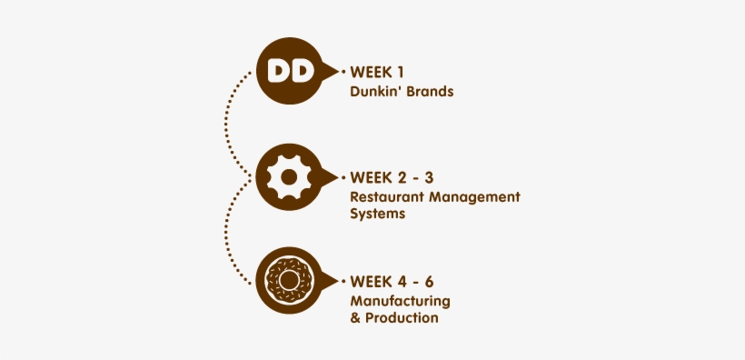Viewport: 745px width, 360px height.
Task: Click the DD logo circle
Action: click(x=290, y=70)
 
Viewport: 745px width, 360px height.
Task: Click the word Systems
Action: click(x=377, y=215)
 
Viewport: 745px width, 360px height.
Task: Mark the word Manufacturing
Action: click(x=401, y=300)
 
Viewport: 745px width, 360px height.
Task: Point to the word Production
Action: click(x=402, y=318)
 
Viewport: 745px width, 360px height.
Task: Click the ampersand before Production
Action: click(x=354, y=318)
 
